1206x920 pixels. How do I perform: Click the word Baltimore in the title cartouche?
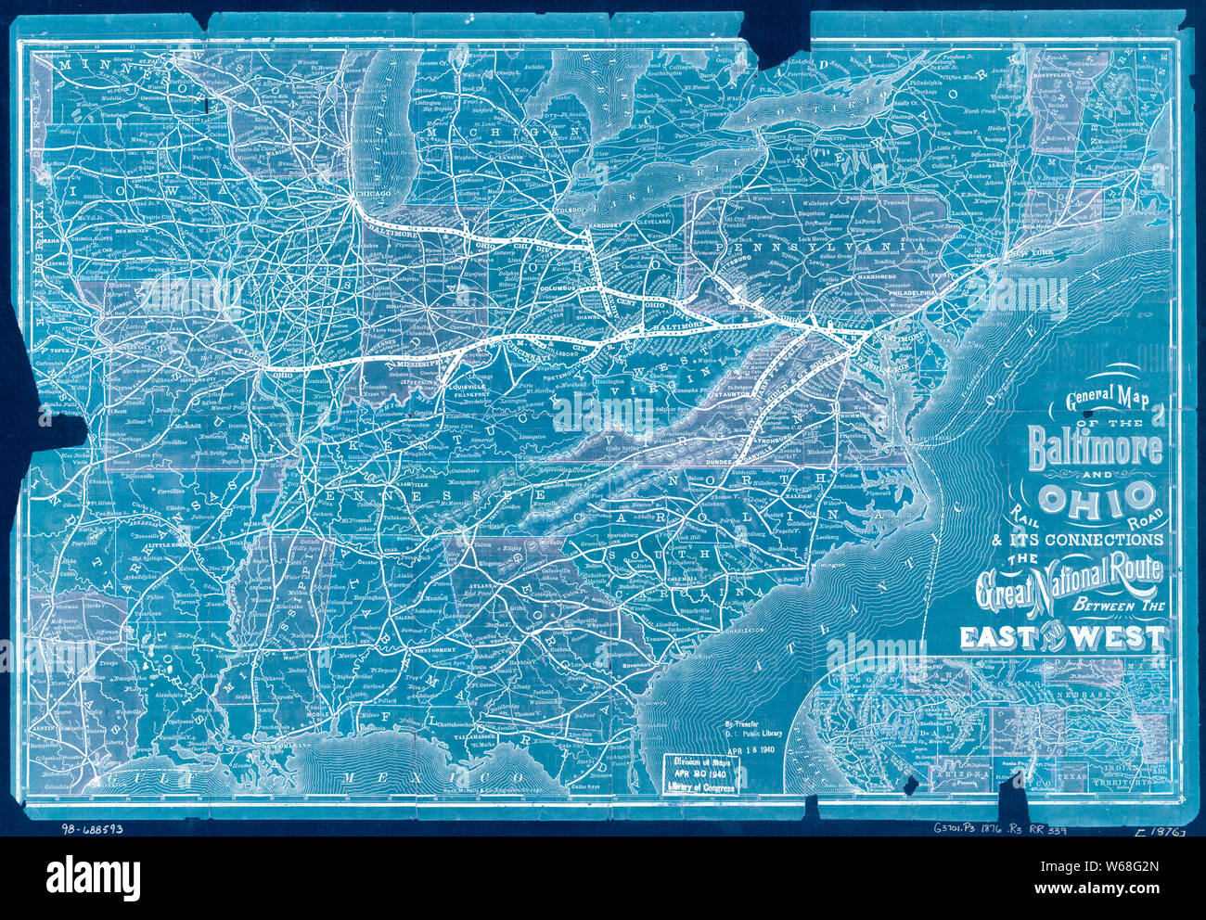tap(1095, 448)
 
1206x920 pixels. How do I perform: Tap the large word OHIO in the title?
tap(1097, 498)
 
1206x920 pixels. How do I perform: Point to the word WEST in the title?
tap(1123, 637)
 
